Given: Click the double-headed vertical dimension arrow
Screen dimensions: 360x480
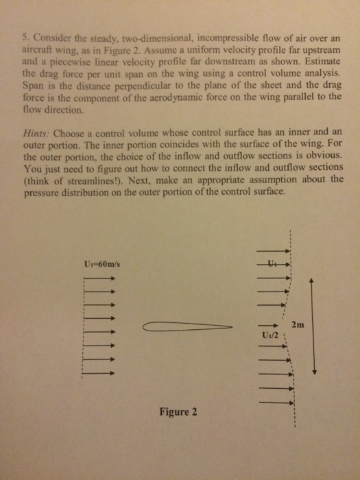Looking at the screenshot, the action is point(313,326).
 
